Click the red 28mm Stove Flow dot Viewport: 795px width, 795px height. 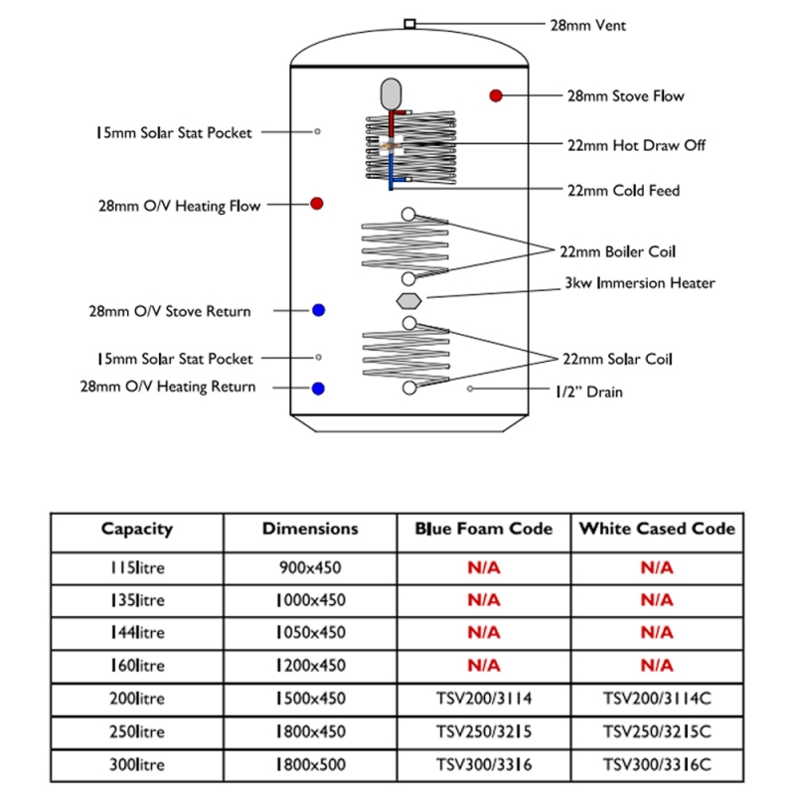(496, 95)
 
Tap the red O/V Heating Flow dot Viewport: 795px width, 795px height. (317, 204)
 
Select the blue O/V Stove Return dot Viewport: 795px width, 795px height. (318, 310)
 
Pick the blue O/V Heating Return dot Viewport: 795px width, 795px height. (318, 389)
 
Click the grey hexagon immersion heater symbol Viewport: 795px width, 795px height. (408, 301)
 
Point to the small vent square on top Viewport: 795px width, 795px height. (409, 24)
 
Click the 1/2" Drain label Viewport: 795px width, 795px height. (589, 392)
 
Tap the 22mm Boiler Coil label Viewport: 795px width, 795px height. (617, 251)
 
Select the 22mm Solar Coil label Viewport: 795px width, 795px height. (617, 359)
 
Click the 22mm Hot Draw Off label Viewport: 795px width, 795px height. (636, 145)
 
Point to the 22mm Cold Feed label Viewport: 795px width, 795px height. (624, 191)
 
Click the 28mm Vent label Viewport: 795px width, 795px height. (588, 26)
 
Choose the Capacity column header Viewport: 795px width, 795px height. (137, 529)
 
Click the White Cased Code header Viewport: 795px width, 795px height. (657, 529)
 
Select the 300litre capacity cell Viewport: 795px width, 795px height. (137, 764)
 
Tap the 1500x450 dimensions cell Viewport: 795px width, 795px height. (311, 699)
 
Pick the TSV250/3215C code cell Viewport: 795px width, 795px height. (657, 731)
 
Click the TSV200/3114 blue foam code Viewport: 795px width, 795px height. (484, 699)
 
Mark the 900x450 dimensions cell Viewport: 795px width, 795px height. (310, 567)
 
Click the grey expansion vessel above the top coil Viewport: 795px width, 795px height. (391, 94)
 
